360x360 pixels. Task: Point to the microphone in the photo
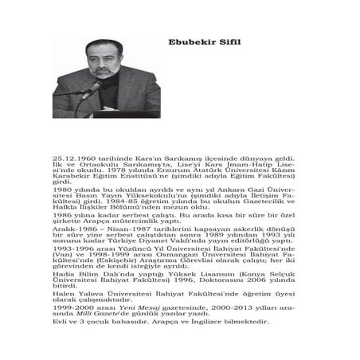pos(90,88)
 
